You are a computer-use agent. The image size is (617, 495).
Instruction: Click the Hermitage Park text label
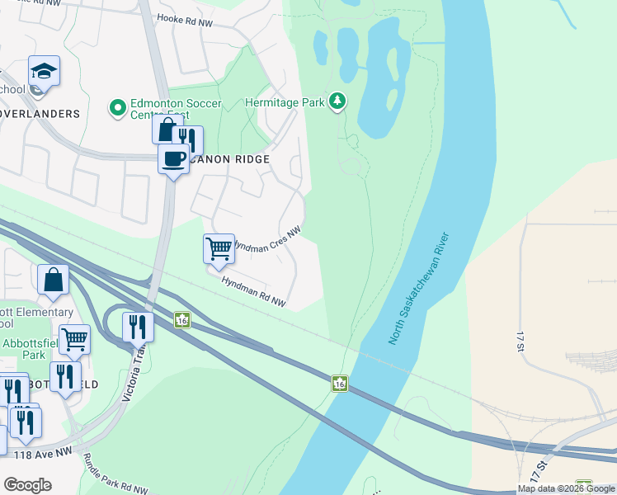pyautogui.click(x=285, y=102)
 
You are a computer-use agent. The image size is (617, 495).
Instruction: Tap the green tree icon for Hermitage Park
pyautogui.click(x=337, y=101)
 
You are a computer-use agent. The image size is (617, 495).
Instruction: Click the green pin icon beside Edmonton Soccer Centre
pyautogui.click(x=117, y=107)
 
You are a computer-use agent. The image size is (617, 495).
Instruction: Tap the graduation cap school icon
pyautogui.click(x=44, y=72)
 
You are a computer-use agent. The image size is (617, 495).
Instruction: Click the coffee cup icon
pyautogui.click(x=173, y=159)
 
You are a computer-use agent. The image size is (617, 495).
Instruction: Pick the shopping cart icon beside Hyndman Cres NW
pyautogui.click(x=219, y=248)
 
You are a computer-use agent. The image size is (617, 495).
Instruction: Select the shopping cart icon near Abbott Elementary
pyautogui.click(x=74, y=339)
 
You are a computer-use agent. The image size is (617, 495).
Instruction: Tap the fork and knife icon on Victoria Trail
pyautogui.click(x=138, y=327)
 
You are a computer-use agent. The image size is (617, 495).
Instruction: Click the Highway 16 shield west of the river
pyautogui.click(x=339, y=383)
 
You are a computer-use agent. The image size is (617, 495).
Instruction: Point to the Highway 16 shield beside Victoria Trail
pyautogui.click(x=182, y=319)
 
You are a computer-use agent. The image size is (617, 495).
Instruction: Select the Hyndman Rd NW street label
pyautogui.click(x=253, y=292)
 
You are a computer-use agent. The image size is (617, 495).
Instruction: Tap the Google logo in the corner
pyautogui.click(x=27, y=485)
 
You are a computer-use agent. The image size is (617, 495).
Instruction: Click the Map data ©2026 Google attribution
pyautogui.click(x=567, y=488)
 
